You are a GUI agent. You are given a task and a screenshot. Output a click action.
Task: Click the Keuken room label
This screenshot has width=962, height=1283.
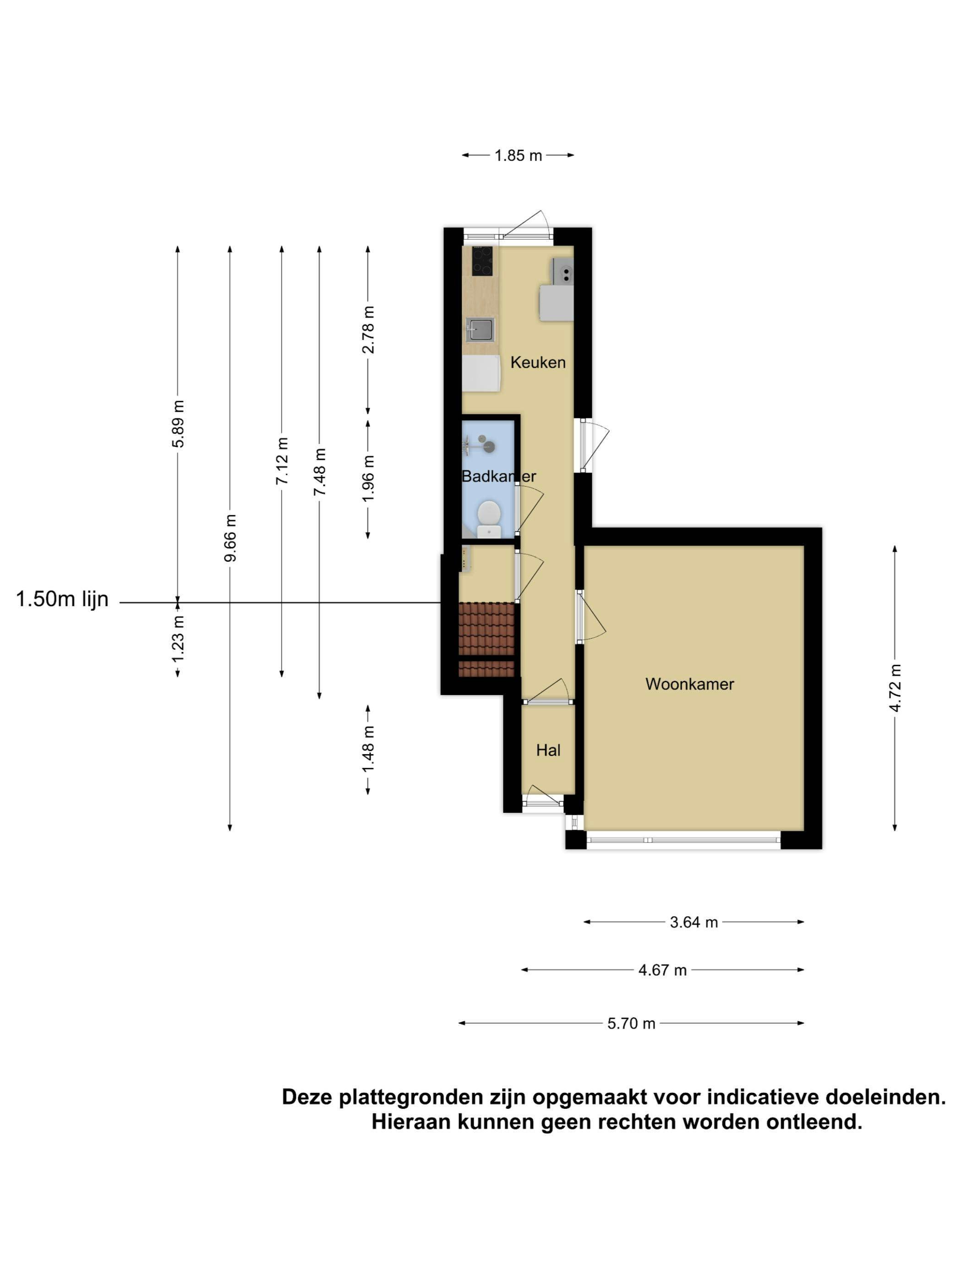coord(537,362)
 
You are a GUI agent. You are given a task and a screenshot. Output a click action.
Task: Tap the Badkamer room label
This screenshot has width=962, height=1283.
coord(498,476)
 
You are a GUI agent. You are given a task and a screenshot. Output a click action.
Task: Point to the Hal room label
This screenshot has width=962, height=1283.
coord(547,750)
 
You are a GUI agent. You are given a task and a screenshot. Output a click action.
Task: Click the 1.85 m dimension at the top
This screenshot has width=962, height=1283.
coord(517,155)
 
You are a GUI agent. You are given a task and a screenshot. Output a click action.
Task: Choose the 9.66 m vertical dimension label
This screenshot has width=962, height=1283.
coord(230,537)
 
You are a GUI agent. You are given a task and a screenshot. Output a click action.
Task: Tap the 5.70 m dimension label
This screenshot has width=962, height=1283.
coord(631,1023)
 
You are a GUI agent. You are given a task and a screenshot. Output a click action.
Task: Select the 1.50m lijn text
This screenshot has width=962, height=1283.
coord(62,599)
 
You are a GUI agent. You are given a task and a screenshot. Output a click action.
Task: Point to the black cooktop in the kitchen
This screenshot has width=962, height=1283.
coord(481,261)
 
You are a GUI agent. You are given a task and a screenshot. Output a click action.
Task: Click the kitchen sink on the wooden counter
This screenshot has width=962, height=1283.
coord(481,329)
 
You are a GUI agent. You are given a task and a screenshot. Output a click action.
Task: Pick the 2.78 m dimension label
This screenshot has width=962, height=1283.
coord(368,329)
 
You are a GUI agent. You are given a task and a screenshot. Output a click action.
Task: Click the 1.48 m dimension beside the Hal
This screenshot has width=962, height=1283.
coord(368,749)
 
